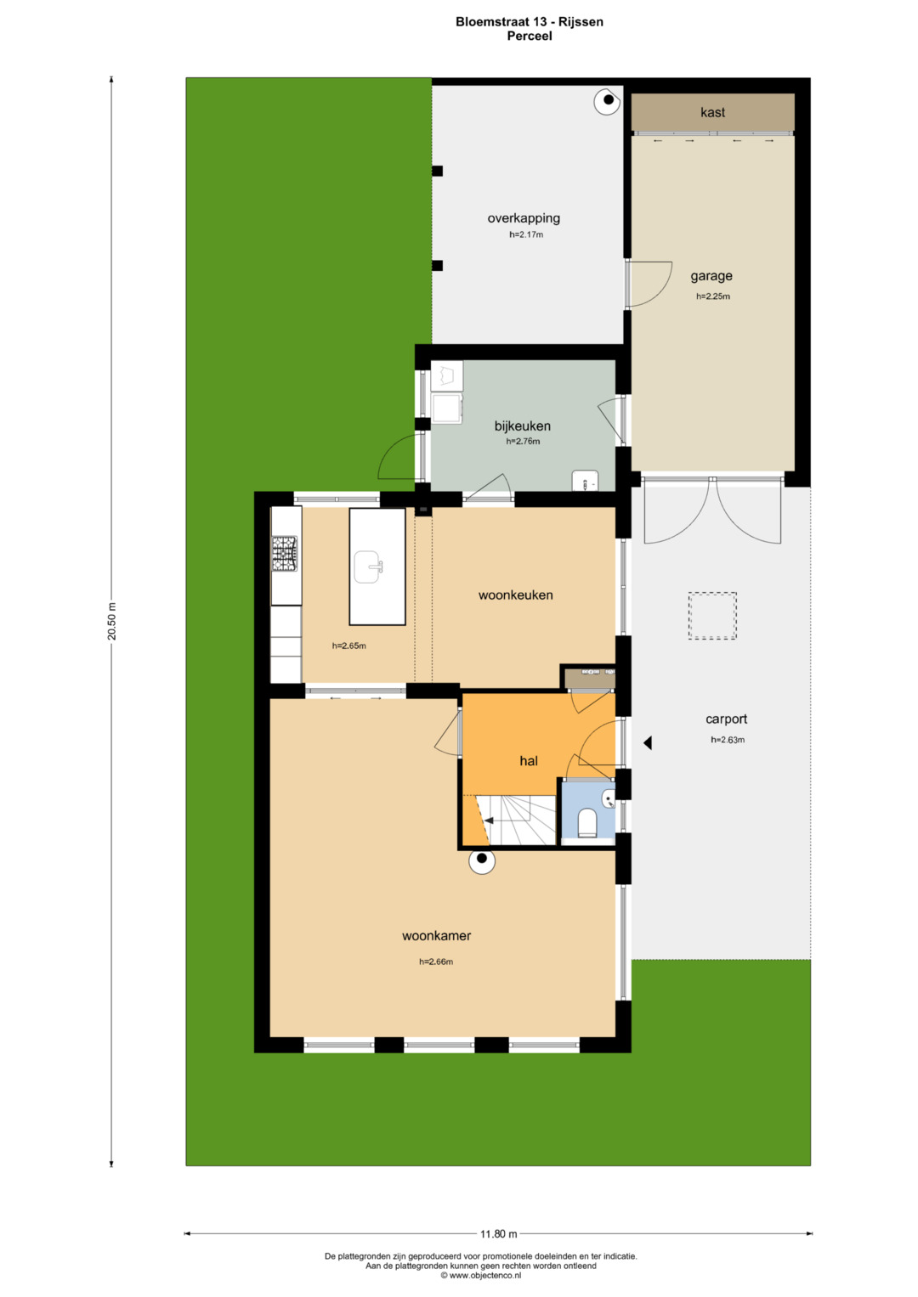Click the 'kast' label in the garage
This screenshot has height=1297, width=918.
(712, 112)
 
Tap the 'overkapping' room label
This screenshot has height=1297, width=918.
(524, 218)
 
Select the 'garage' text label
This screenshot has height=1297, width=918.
(711, 276)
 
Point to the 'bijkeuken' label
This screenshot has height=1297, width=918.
(522, 426)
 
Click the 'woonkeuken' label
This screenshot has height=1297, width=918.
(515, 595)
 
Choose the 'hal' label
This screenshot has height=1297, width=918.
(529, 761)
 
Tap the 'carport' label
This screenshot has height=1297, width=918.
(726, 719)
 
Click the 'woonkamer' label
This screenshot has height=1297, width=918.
(436, 936)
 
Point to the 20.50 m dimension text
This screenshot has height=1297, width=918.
(112, 621)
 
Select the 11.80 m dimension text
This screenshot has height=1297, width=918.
(498, 1234)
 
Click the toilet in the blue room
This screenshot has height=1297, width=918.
(587, 823)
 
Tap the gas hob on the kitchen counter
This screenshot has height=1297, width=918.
(284, 554)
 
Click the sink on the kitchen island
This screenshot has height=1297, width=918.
(369, 567)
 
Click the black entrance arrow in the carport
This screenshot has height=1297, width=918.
(648, 742)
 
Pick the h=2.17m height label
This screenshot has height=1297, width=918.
(526, 235)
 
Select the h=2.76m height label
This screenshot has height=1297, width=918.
(523, 441)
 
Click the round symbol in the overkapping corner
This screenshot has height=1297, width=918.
(608, 101)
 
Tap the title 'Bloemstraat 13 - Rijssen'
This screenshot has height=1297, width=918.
(529, 22)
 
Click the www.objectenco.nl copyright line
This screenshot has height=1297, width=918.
(480, 1275)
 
